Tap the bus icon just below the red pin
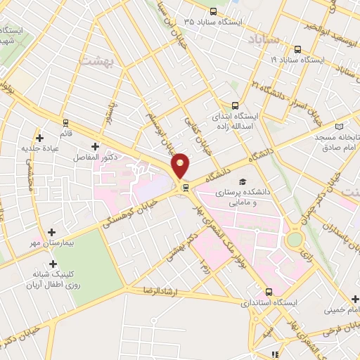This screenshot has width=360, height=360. (185, 187)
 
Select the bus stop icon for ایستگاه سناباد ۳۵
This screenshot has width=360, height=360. (214, 11)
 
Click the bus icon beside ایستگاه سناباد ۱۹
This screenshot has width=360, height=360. (298, 49)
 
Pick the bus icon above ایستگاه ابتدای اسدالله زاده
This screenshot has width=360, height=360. (254, 102)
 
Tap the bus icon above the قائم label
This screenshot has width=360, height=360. (65, 122)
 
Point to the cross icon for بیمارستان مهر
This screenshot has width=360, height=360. (51, 231)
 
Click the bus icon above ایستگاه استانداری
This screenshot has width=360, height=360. (269, 292)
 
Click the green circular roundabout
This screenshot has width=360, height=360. (294, 239)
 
